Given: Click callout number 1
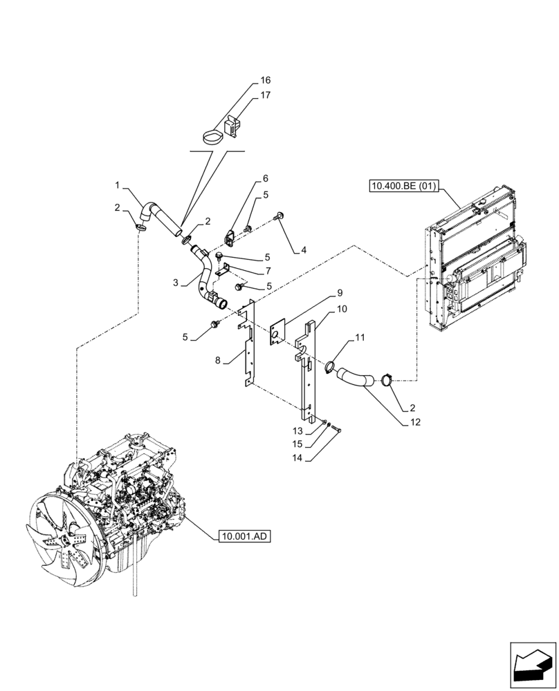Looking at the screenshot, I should point(118,185).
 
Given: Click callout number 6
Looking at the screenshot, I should point(264,178).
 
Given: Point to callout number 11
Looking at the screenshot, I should point(359,337).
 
